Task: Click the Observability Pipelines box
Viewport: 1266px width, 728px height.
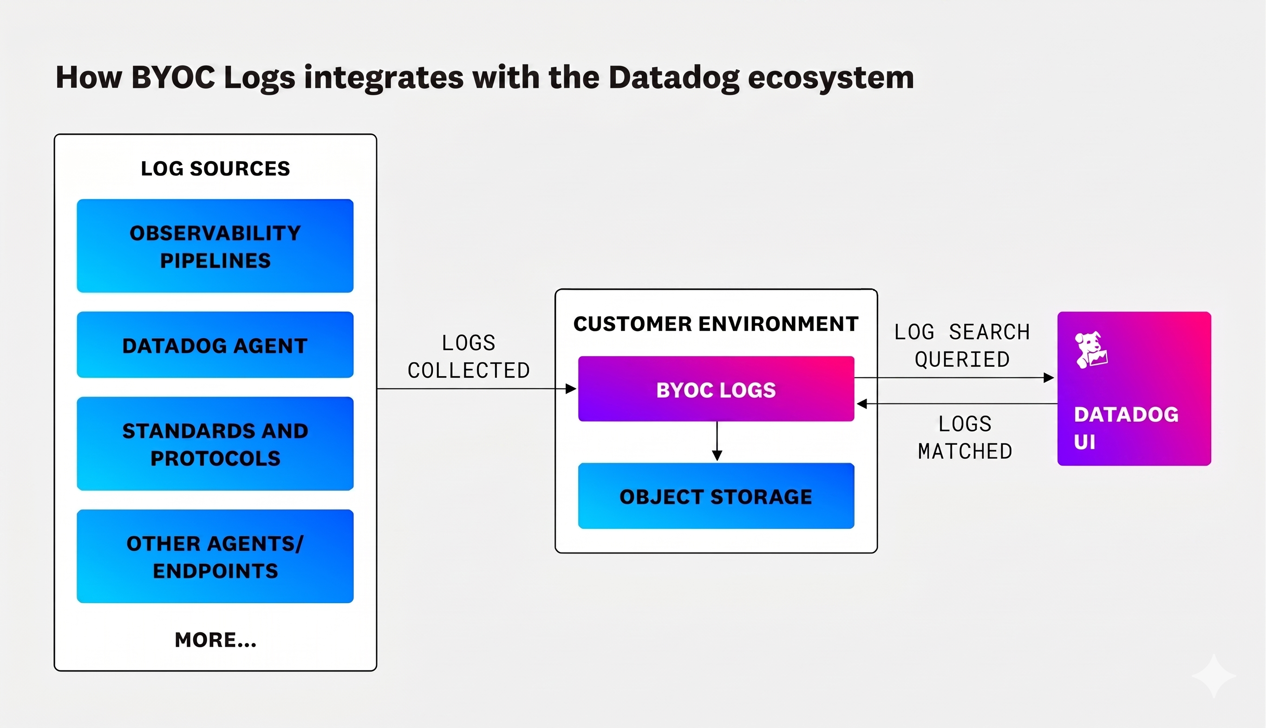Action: click(x=215, y=246)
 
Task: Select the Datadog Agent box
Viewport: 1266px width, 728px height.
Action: click(x=215, y=345)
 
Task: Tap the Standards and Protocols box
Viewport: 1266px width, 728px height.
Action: click(x=215, y=443)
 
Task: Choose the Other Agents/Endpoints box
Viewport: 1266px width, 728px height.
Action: click(x=215, y=556)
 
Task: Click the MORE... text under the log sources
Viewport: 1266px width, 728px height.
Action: click(x=215, y=639)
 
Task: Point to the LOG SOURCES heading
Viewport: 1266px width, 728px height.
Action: click(x=215, y=169)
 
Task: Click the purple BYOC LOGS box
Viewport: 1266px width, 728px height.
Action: click(x=716, y=389)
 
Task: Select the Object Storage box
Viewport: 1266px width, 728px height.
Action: click(x=716, y=496)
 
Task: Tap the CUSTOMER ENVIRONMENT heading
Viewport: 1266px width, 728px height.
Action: click(x=716, y=324)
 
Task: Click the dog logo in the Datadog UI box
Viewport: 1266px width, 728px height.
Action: click(x=1091, y=350)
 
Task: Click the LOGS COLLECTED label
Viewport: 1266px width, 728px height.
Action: click(x=469, y=357)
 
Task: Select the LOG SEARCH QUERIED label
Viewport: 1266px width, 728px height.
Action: click(x=962, y=345)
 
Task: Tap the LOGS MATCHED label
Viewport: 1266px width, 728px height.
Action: click(x=965, y=437)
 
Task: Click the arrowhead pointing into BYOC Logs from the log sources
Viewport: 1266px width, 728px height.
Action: click(x=570, y=389)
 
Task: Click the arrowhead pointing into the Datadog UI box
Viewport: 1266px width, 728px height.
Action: click(x=1049, y=378)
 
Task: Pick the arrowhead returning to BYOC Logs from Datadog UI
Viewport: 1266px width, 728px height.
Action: click(x=862, y=403)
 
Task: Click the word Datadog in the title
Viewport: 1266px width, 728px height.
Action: click(x=673, y=78)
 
